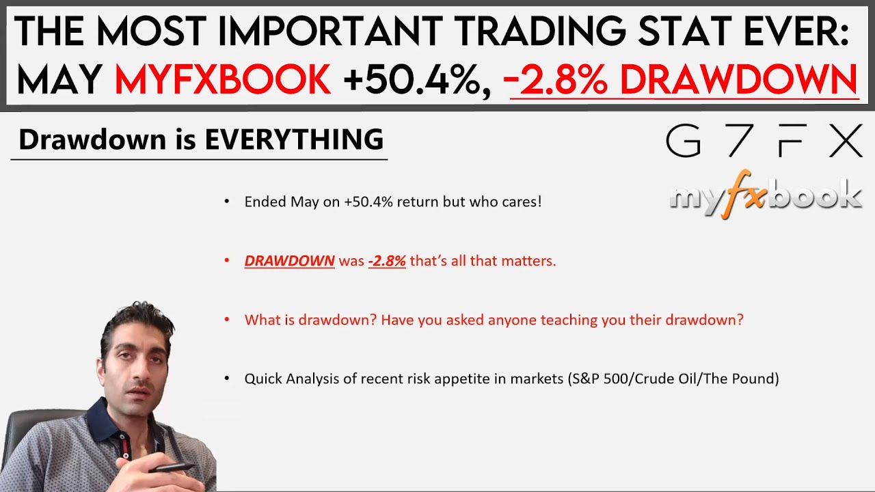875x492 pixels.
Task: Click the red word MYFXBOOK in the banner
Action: pos(223,80)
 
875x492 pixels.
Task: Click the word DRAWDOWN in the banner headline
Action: pos(738,80)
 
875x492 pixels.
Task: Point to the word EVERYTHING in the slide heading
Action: pos(294,139)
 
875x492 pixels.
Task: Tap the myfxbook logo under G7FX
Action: pos(765,197)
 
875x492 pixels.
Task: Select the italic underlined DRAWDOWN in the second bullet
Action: pos(289,261)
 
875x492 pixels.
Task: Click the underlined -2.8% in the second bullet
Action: pos(387,261)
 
